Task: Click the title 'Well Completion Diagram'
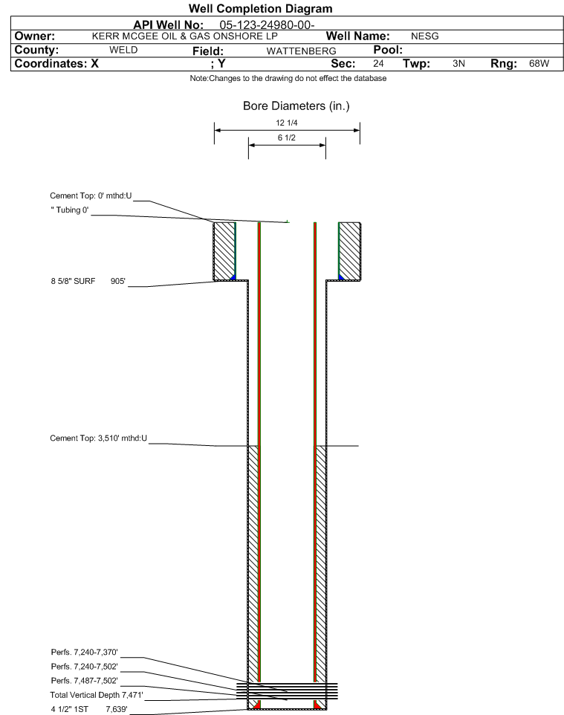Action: pyautogui.click(x=260, y=9)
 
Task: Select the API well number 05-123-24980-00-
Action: pyautogui.click(x=268, y=25)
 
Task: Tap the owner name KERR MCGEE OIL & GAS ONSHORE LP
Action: pyautogui.click(x=185, y=36)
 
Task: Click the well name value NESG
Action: pyautogui.click(x=424, y=36)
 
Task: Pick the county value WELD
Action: pyautogui.click(x=123, y=50)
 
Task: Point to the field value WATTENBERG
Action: pyautogui.click(x=302, y=51)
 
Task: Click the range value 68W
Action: pyautogui.click(x=539, y=63)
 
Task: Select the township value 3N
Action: pyautogui.click(x=458, y=63)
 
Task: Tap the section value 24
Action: pyautogui.click(x=378, y=63)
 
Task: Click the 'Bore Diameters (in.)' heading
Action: pyautogui.click(x=296, y=106)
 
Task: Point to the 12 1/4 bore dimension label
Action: pyautogui.click(x=287, y=123)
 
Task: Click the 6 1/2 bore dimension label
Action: pyautogui.click(x=287, y=137)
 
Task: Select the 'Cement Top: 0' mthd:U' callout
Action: pyautogui.click(x=91, y=196)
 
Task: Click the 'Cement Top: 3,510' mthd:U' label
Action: pyautogui.click(x=99, y=439)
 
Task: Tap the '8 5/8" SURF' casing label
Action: pyautogui.click(x=73, y=282)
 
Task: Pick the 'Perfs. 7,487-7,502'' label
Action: pyautogui.click(x=85, y=681)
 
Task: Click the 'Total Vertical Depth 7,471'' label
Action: pyautogui.click(x=97, y=696)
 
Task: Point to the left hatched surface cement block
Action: pyautogui.click(x=224, y=251)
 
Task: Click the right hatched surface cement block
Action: pyautogui.click(x=350, y=251)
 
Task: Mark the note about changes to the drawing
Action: pyautogui.click(x=288, y=79)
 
